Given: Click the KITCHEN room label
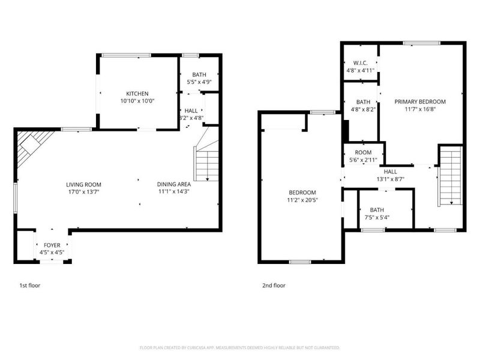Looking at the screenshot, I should coord(137,94).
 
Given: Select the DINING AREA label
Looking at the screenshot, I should coord(173,184).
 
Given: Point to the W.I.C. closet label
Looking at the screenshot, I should coord(360,62).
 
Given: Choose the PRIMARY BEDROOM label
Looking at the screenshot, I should coord(420,101).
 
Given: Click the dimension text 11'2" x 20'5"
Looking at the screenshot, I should coord(302,200).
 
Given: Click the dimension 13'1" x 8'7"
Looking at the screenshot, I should coord(391,178).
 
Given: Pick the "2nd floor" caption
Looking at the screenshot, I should coord(274,286).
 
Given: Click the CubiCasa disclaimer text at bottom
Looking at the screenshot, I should coord(239,347).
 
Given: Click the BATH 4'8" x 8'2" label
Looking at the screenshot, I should coord(363,106).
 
